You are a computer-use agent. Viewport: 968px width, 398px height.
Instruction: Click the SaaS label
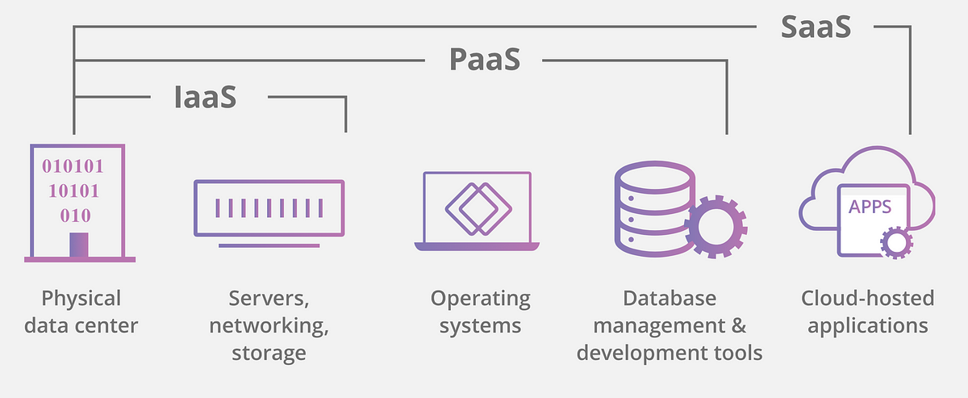point(816,27)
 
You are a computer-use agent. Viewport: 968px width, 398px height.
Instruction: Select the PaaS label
point(485,59)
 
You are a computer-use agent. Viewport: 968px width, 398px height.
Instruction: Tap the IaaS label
point(205,97)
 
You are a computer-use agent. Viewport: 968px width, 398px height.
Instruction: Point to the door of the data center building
point(79,245)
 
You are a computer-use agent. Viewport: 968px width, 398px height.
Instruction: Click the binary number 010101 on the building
point(73,166)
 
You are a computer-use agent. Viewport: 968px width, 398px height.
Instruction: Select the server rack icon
point(269,214)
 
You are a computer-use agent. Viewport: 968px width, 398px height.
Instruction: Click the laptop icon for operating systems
point(477,212)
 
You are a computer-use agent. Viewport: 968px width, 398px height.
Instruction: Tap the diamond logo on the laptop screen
point(478,209)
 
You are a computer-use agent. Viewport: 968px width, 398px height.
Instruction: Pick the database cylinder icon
point(655,209)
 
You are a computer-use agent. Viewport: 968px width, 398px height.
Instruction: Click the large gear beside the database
point(716,227)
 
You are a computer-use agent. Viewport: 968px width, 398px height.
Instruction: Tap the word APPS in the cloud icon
point(870,207)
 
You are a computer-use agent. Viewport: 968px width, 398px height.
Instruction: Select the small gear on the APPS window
point(897,243)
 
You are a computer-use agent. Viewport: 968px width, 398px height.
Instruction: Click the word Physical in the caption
point(81,299)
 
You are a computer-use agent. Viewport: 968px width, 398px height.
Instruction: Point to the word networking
point(269,326)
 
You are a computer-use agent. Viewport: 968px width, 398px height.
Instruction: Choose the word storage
point(269,354)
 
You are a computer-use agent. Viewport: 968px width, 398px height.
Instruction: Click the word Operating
point(481,299)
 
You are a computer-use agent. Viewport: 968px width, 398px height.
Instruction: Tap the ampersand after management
point(739,325)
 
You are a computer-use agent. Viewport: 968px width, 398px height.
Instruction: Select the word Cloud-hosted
point(868,298)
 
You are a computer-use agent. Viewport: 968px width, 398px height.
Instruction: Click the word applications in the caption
point(868,326)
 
